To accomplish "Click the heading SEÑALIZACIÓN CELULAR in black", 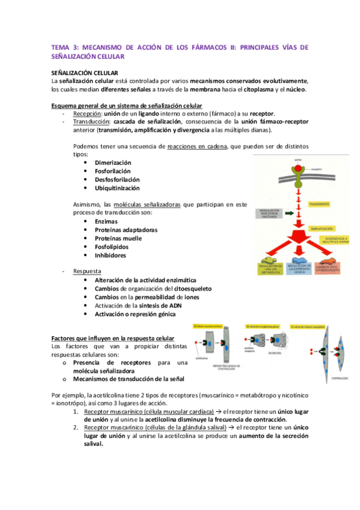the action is pyautogui.click(x=87, y=73).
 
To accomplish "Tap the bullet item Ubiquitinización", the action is pyautogui.click(x=118, y=188).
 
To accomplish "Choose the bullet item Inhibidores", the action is pyautogui.click(x=111, y=255).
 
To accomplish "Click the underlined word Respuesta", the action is pyautogui.click(x=87, y=271).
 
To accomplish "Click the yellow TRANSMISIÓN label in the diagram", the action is pyautogui.click(x=320, y=204).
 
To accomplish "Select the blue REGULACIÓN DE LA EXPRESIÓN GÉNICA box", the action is pyautogui.click(x=297, y=269).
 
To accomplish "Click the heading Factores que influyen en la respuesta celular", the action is pyautogui.click(x=113, y=338).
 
